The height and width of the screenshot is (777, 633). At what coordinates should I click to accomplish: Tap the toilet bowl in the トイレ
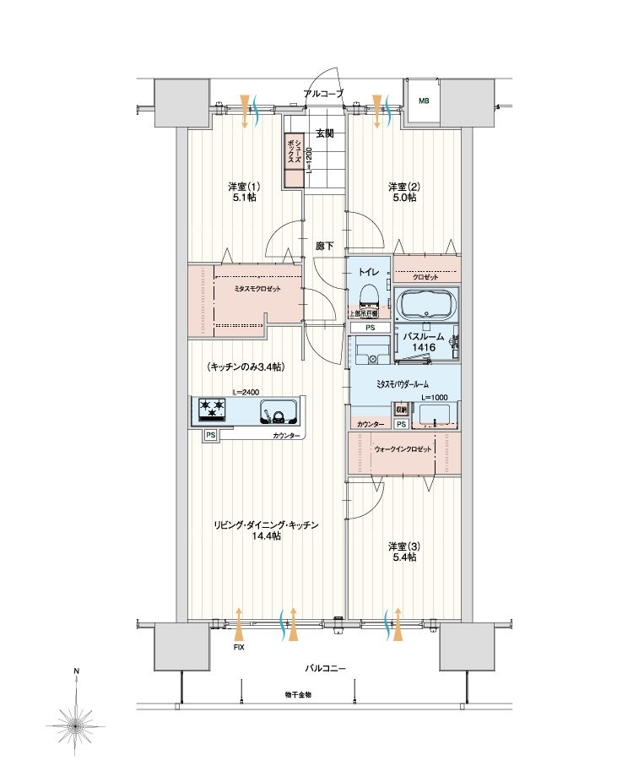(368, 295)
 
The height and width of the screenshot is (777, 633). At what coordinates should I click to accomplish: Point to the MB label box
(423, 101)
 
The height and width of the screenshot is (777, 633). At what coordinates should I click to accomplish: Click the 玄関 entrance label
(325, 133)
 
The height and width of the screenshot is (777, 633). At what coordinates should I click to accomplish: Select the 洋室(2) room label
(403, 192)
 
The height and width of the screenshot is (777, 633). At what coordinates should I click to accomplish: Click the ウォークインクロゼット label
(403, 449)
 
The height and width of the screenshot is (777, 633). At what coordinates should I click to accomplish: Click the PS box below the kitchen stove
(209, 436)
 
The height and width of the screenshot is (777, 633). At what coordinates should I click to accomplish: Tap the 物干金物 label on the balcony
(298, 694)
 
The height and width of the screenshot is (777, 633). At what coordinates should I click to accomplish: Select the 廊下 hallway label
(325, 246)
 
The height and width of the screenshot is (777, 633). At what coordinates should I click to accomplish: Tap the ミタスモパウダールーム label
(403, 383)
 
